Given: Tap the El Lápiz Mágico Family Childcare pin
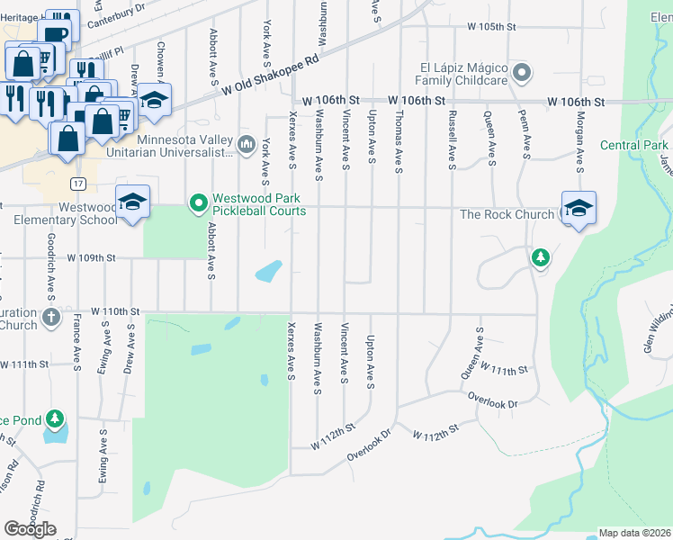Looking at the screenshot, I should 521,72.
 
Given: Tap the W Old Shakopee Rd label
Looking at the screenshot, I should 271,77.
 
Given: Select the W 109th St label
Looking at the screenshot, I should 92,257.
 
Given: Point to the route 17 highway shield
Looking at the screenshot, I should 78,184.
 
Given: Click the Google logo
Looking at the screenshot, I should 30,528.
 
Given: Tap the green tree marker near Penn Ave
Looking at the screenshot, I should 540,258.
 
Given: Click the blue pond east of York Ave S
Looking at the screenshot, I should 269,269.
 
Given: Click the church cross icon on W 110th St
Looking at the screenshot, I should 51,317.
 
